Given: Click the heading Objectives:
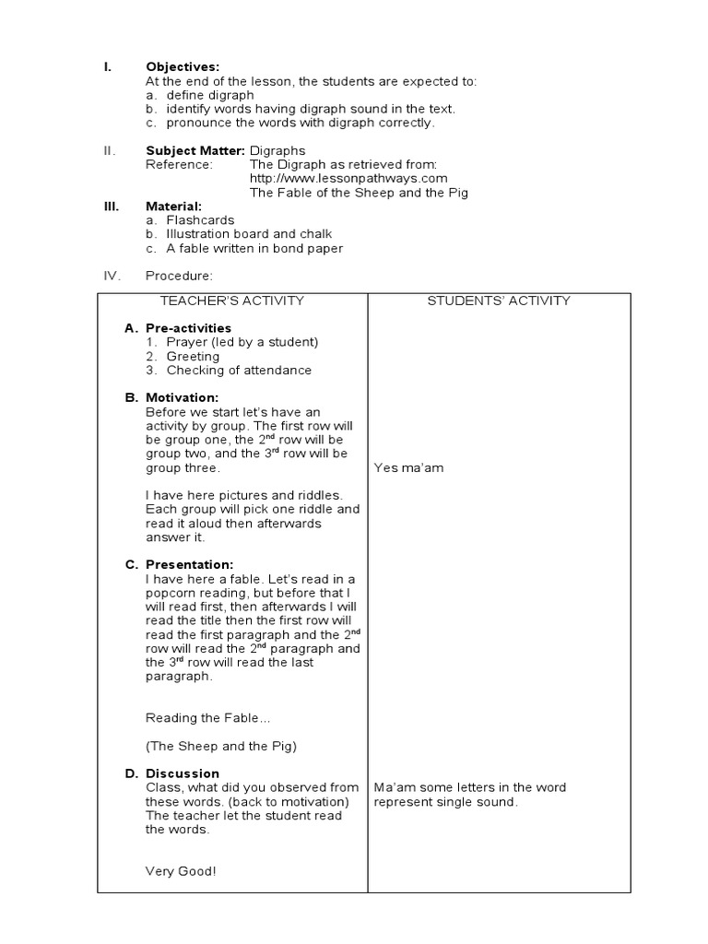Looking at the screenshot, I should [183, 67].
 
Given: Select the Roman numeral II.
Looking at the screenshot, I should [109, 150].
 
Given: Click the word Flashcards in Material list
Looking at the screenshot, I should [200, 220].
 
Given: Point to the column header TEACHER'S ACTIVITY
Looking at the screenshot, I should [232, 301].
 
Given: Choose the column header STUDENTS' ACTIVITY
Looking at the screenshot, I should [499, 301].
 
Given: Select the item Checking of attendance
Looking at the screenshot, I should [239, 371].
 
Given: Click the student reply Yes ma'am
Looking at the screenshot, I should [408, 467].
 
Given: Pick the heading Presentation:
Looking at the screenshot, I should [189, 564].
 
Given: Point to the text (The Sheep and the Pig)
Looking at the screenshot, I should [221, 746].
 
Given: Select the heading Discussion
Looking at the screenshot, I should [183, 773].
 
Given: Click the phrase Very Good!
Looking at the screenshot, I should [181, 870].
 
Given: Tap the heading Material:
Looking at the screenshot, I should [173, 206].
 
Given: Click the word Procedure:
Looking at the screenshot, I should [179, 275].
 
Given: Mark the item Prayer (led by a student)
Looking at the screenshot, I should [242, 342].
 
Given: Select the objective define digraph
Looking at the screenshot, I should [210, 95].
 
